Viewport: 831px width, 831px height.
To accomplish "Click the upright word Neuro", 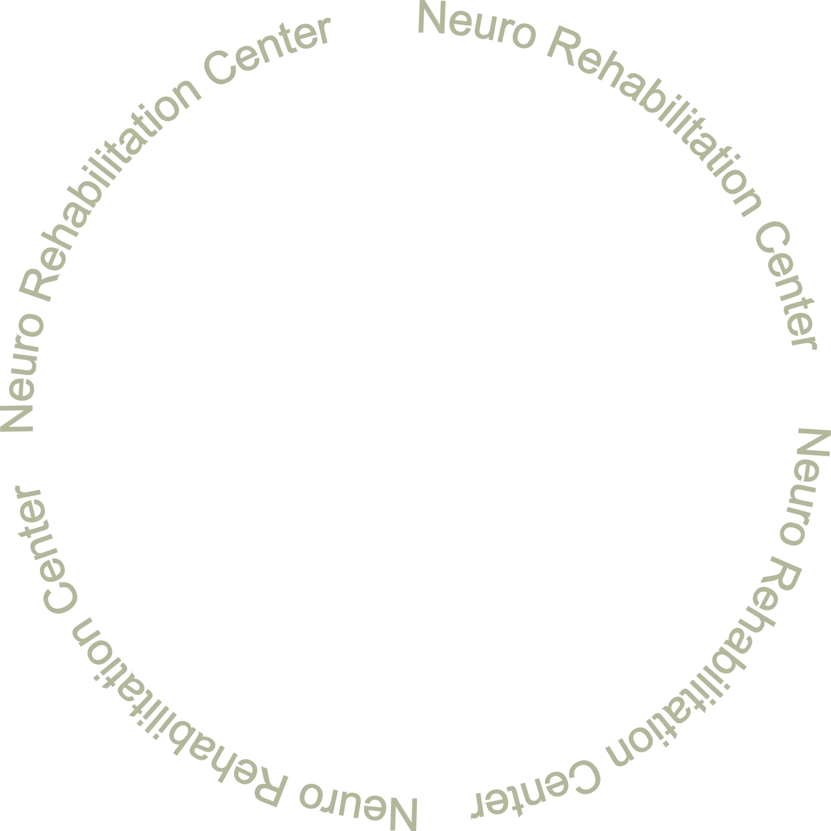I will click(475, 30).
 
